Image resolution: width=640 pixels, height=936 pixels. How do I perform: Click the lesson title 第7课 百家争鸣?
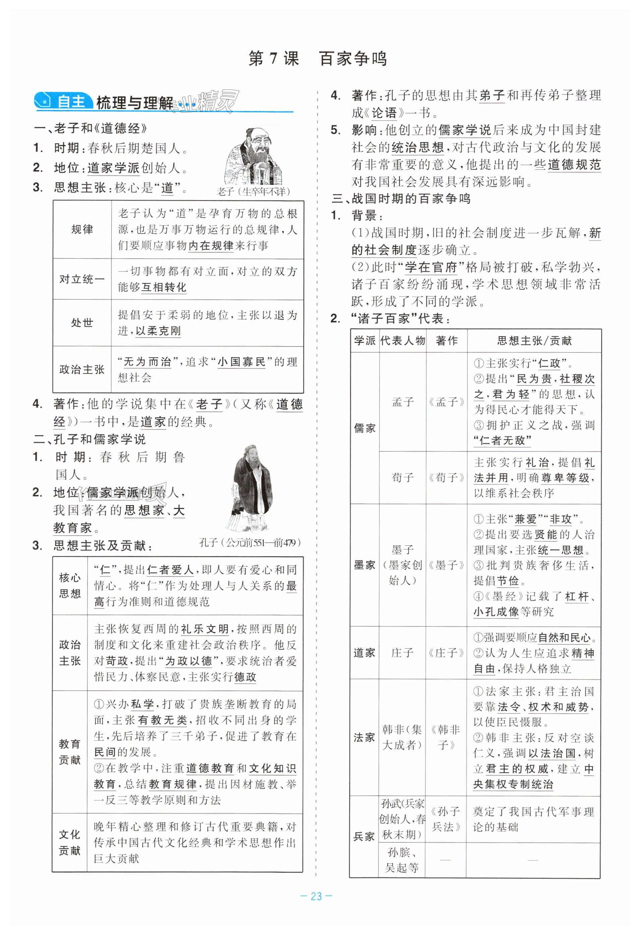(317, 59)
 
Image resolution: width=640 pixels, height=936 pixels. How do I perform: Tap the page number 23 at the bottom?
(316, 896)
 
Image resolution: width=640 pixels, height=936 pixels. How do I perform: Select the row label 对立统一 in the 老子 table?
(82, 279)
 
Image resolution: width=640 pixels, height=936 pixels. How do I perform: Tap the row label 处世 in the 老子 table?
(82, 323)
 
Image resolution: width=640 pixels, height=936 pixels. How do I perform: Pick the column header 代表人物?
(403, 341)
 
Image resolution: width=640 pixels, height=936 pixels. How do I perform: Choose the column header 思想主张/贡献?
(534, 341)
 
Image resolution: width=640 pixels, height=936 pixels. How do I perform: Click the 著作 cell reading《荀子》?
(446, 477)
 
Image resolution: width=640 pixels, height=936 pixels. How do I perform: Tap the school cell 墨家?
(364, 565)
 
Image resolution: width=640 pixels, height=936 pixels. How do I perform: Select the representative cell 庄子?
(402, 653)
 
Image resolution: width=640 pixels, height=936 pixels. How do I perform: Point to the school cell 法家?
(364, 737)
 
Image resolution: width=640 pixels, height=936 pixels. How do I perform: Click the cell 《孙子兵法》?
(446, 819)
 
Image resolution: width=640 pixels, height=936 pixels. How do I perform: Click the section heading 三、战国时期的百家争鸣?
(401, 199)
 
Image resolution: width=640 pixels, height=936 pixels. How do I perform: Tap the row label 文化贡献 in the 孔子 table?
(70, 842)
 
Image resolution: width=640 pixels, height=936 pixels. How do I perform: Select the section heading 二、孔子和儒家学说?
(90, 439)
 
